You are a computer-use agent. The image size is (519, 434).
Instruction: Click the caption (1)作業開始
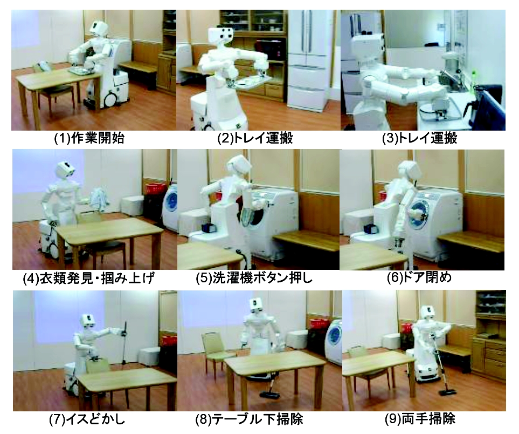(89, 138)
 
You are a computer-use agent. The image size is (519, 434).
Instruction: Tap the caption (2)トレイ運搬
(255, 138)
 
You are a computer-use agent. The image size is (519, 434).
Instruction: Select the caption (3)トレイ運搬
(419, 138)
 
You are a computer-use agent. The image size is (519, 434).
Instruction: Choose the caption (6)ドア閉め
(419, 277)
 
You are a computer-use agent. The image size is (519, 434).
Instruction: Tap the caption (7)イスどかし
(87, 420)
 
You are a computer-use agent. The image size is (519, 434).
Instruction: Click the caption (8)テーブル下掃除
(249, 420)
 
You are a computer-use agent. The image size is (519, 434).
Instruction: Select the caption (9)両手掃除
(420, 419)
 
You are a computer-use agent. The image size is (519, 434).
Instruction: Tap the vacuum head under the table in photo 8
(269, 395)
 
